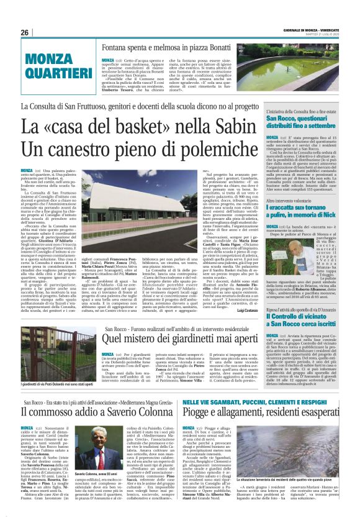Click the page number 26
tap(25, 32)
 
